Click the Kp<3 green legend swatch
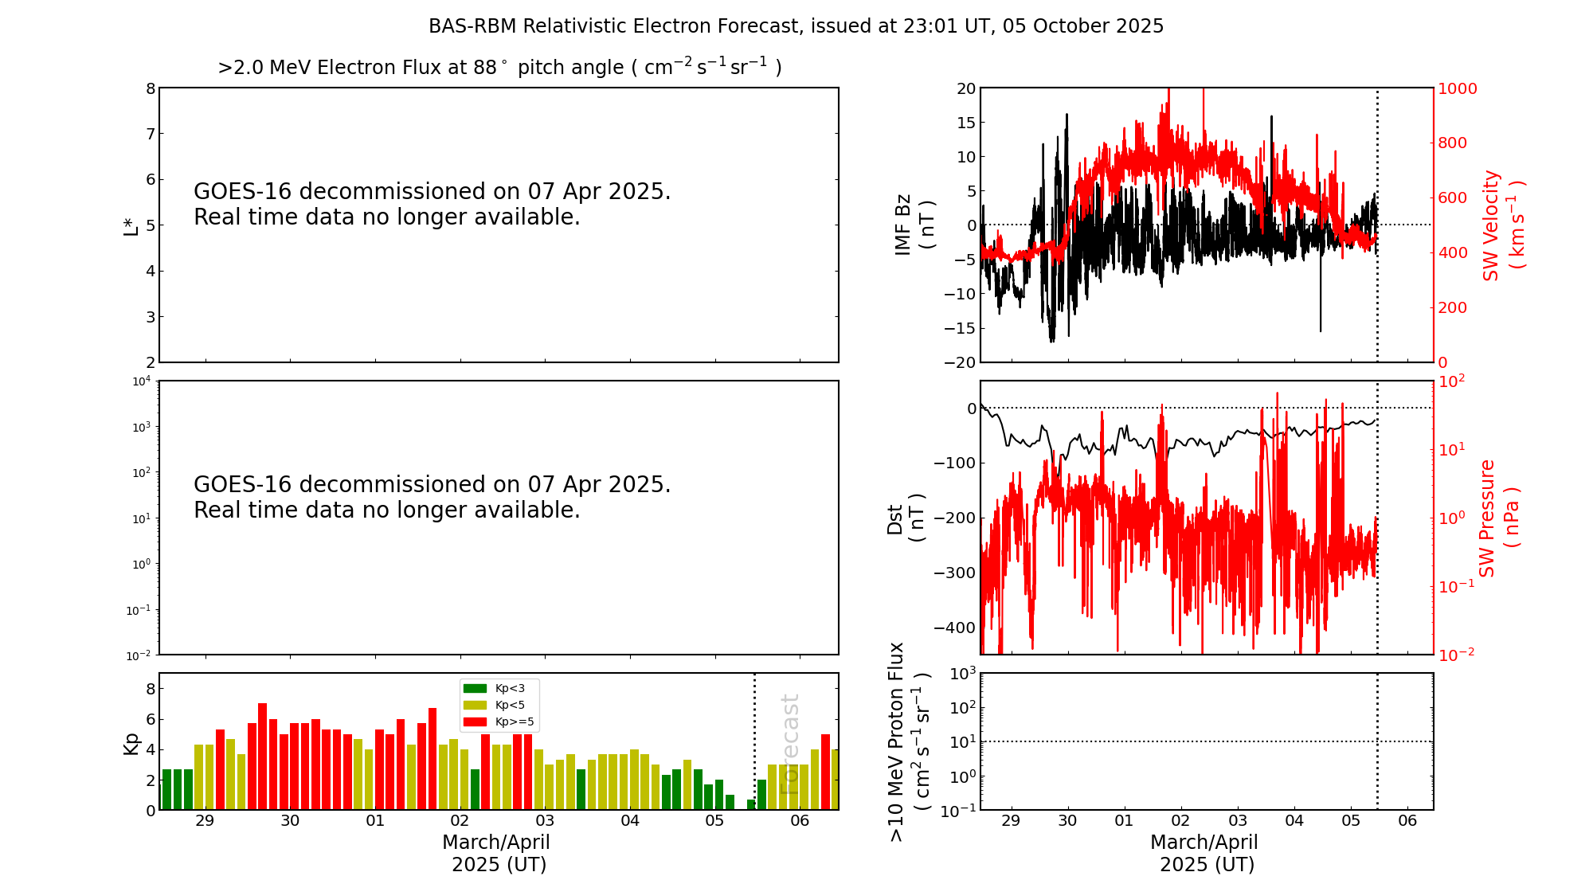[x=475, y=688]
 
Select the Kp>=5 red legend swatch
[x=475, y=722]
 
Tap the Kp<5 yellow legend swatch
[x=475, y=705]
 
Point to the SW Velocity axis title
[x=1502, y=225]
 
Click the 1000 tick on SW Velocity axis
[x=1457, y=88]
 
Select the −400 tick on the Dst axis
[x=955, y=628]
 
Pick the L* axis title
[x=131, y=225]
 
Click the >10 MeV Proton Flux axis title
[x=909, y=741]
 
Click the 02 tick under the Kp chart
[x=460, y=821]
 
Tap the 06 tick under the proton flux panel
[x=1407, y=821]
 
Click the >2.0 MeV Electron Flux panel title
[x=499, y=68]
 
